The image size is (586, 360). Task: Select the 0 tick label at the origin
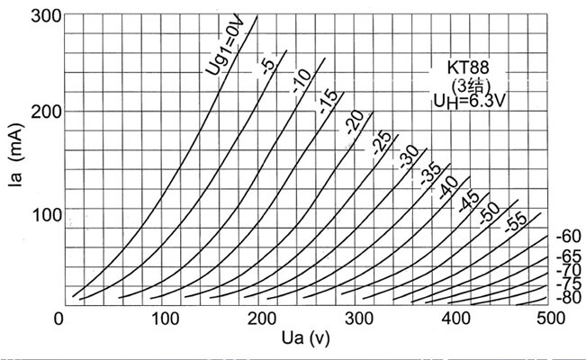(59, 319)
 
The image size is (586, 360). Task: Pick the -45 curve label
(468, 200)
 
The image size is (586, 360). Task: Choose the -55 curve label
(515, 222)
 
